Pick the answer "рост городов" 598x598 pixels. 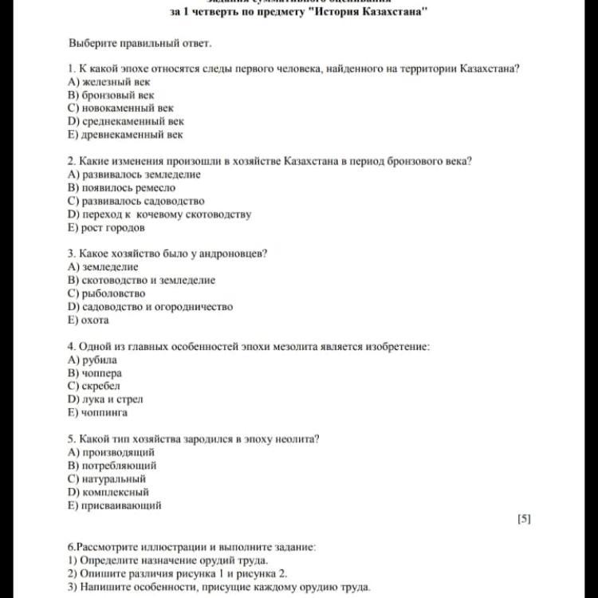(x=112, y=227)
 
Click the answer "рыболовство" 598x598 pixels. (x=112, y=293)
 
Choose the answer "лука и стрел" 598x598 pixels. (x=112, y=399)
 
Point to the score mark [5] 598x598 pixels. (x=524, y=519)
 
